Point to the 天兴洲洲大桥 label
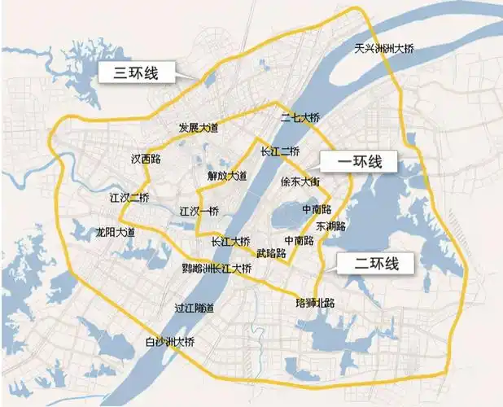(x=383, y=49)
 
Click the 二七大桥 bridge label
(x=300, y=118)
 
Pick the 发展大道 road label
(x=199, y=129)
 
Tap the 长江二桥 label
(x=280, y=151)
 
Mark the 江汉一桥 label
(x=199, y=212)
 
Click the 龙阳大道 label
(x=115, y=232)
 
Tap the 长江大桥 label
(x=230, y=241)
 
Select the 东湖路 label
(x=331, y=225)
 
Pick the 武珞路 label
(x=271, y=253)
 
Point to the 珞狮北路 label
(x=315, y=303)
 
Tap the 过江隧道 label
(x=195, y=308)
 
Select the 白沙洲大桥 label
(x=169, y=340)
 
